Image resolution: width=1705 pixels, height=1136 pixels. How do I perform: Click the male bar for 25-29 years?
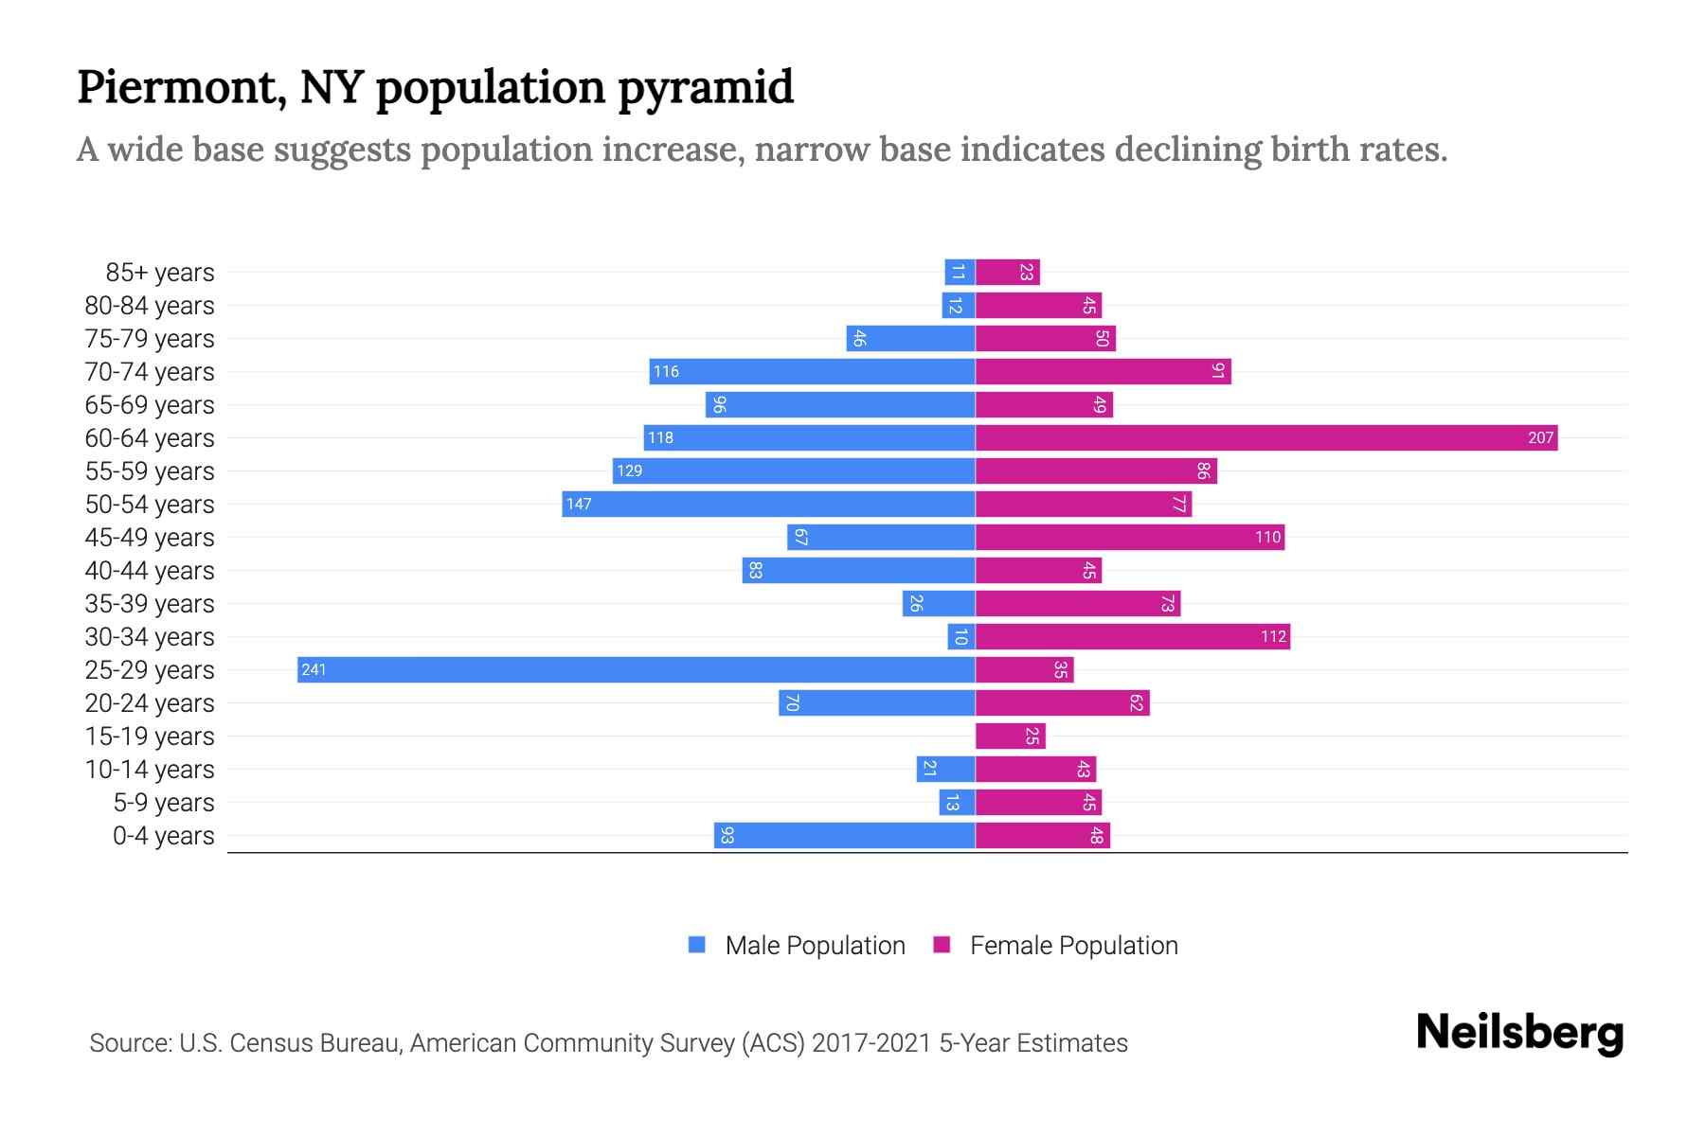(x=636, y=669)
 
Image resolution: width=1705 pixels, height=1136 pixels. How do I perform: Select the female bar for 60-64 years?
(x=1266, y=437)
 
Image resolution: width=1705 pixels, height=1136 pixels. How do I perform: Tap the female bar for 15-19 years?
(x=1010, y=736)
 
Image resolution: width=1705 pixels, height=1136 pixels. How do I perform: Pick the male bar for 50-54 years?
(x=768, y=504)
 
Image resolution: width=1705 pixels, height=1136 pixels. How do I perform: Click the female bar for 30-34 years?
(x=1133, y=636)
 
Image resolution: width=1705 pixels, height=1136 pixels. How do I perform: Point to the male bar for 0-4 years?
(x=844, y=835)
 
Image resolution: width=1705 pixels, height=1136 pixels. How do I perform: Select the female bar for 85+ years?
(x=1008, y=272)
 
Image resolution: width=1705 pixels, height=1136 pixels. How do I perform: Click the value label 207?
(x=1540, y=437)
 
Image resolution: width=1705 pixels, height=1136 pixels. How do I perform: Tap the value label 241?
(x=314, y=669)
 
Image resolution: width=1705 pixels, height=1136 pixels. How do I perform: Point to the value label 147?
(x=578, y=504)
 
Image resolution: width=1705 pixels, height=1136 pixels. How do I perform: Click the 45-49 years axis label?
(x=150, y=537)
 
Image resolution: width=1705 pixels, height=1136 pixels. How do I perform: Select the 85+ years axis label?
(x=160, y=272)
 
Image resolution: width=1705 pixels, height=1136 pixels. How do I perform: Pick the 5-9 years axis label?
(x=164, y=802)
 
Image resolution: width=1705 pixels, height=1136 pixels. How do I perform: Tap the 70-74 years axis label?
(x=150, y=371)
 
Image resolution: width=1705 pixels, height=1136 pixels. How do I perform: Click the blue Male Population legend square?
(x=697, y=945)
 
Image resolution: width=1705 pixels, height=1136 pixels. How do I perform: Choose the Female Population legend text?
(x=1073, y=945)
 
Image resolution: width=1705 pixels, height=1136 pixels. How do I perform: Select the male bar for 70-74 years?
(x=812, y=371)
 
